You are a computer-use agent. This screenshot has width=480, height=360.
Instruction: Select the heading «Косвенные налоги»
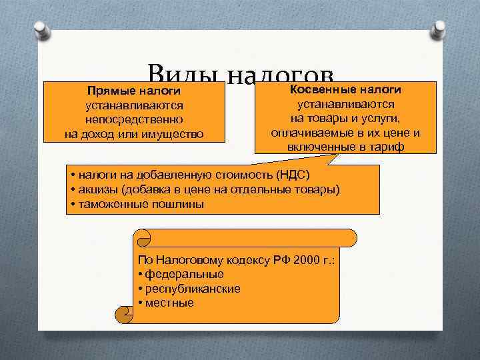pos(345,89)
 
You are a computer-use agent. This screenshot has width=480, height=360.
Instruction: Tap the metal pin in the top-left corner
pos(41,30)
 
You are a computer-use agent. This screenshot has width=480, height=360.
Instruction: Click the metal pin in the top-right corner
pos(441,30)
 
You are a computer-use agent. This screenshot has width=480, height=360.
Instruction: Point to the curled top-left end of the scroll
pos(143,237)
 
